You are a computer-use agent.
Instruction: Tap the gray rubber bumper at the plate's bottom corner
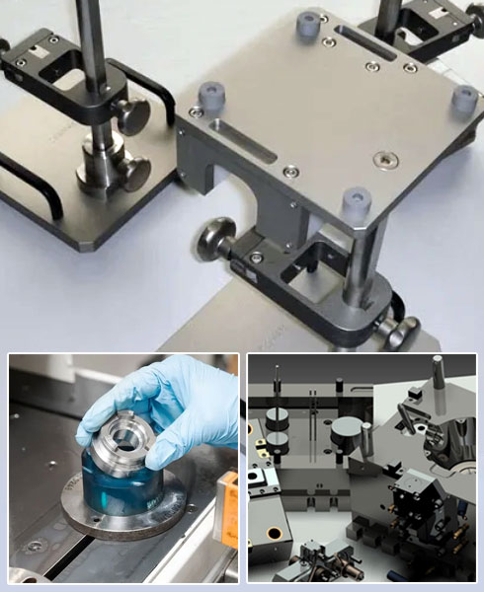[356, 204]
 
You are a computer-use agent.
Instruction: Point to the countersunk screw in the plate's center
[382, 158]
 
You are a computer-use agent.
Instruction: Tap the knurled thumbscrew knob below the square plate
[214, 240]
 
